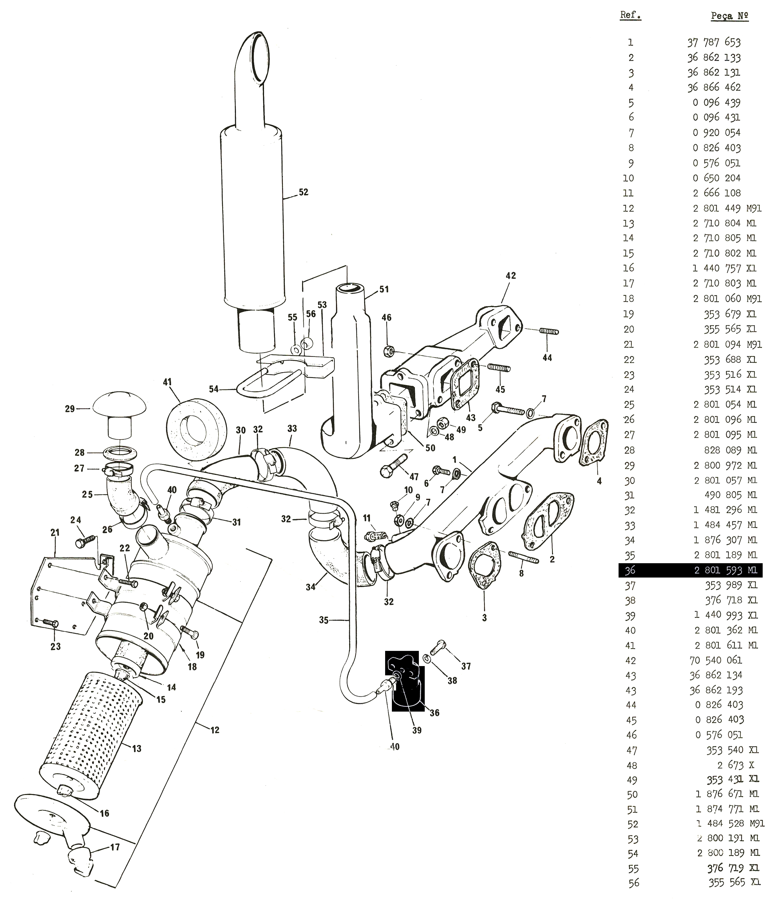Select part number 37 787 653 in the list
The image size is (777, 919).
click(714, 42)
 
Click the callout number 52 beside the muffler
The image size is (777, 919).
click(303, 192)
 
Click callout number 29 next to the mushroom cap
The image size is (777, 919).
click(70, 409)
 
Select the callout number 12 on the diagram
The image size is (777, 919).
click(215, 730)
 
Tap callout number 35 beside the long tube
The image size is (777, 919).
click(324, 620)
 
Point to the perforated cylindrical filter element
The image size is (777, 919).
click(92, 740)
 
